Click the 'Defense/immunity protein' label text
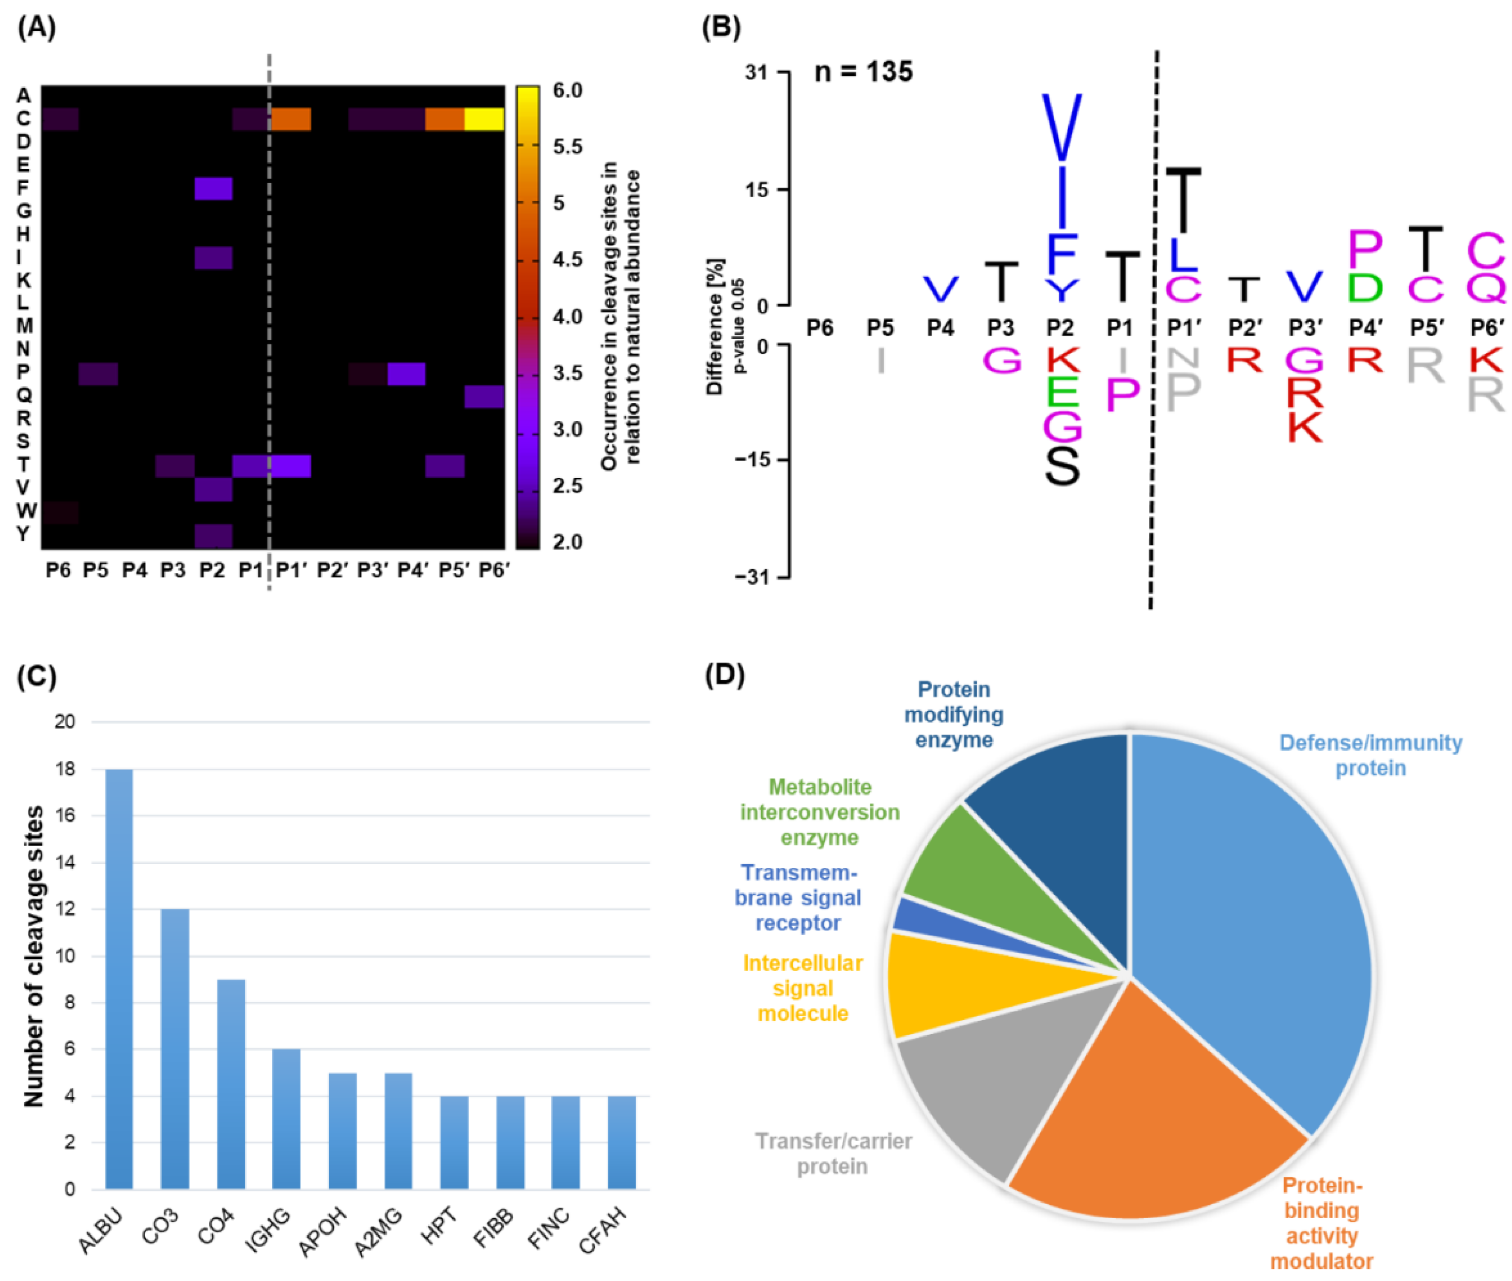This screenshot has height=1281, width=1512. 1370,755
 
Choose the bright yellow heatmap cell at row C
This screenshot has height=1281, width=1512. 484,119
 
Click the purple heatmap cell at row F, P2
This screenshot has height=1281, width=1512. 214,189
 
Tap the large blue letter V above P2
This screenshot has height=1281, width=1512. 1061,127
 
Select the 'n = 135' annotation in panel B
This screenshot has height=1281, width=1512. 863,71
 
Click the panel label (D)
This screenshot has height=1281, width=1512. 725,674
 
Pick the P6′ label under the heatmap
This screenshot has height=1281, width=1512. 494,571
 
